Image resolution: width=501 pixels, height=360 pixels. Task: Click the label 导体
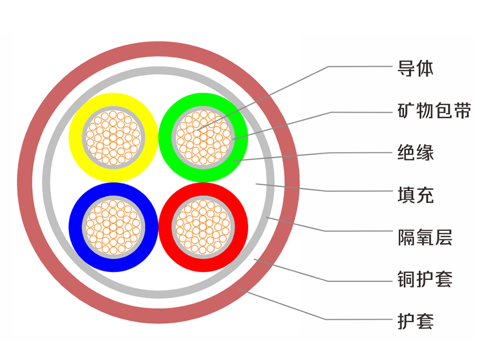coord(416,68)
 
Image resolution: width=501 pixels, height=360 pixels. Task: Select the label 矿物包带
coord(434,111)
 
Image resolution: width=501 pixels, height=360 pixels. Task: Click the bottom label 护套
coord(416,320)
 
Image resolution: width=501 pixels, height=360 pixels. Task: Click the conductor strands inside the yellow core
coord(113,137)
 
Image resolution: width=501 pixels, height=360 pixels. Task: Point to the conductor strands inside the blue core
coord(113,227)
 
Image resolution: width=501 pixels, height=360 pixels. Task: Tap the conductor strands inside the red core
coord(203,227)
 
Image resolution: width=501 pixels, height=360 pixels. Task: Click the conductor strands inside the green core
coord(203,137)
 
